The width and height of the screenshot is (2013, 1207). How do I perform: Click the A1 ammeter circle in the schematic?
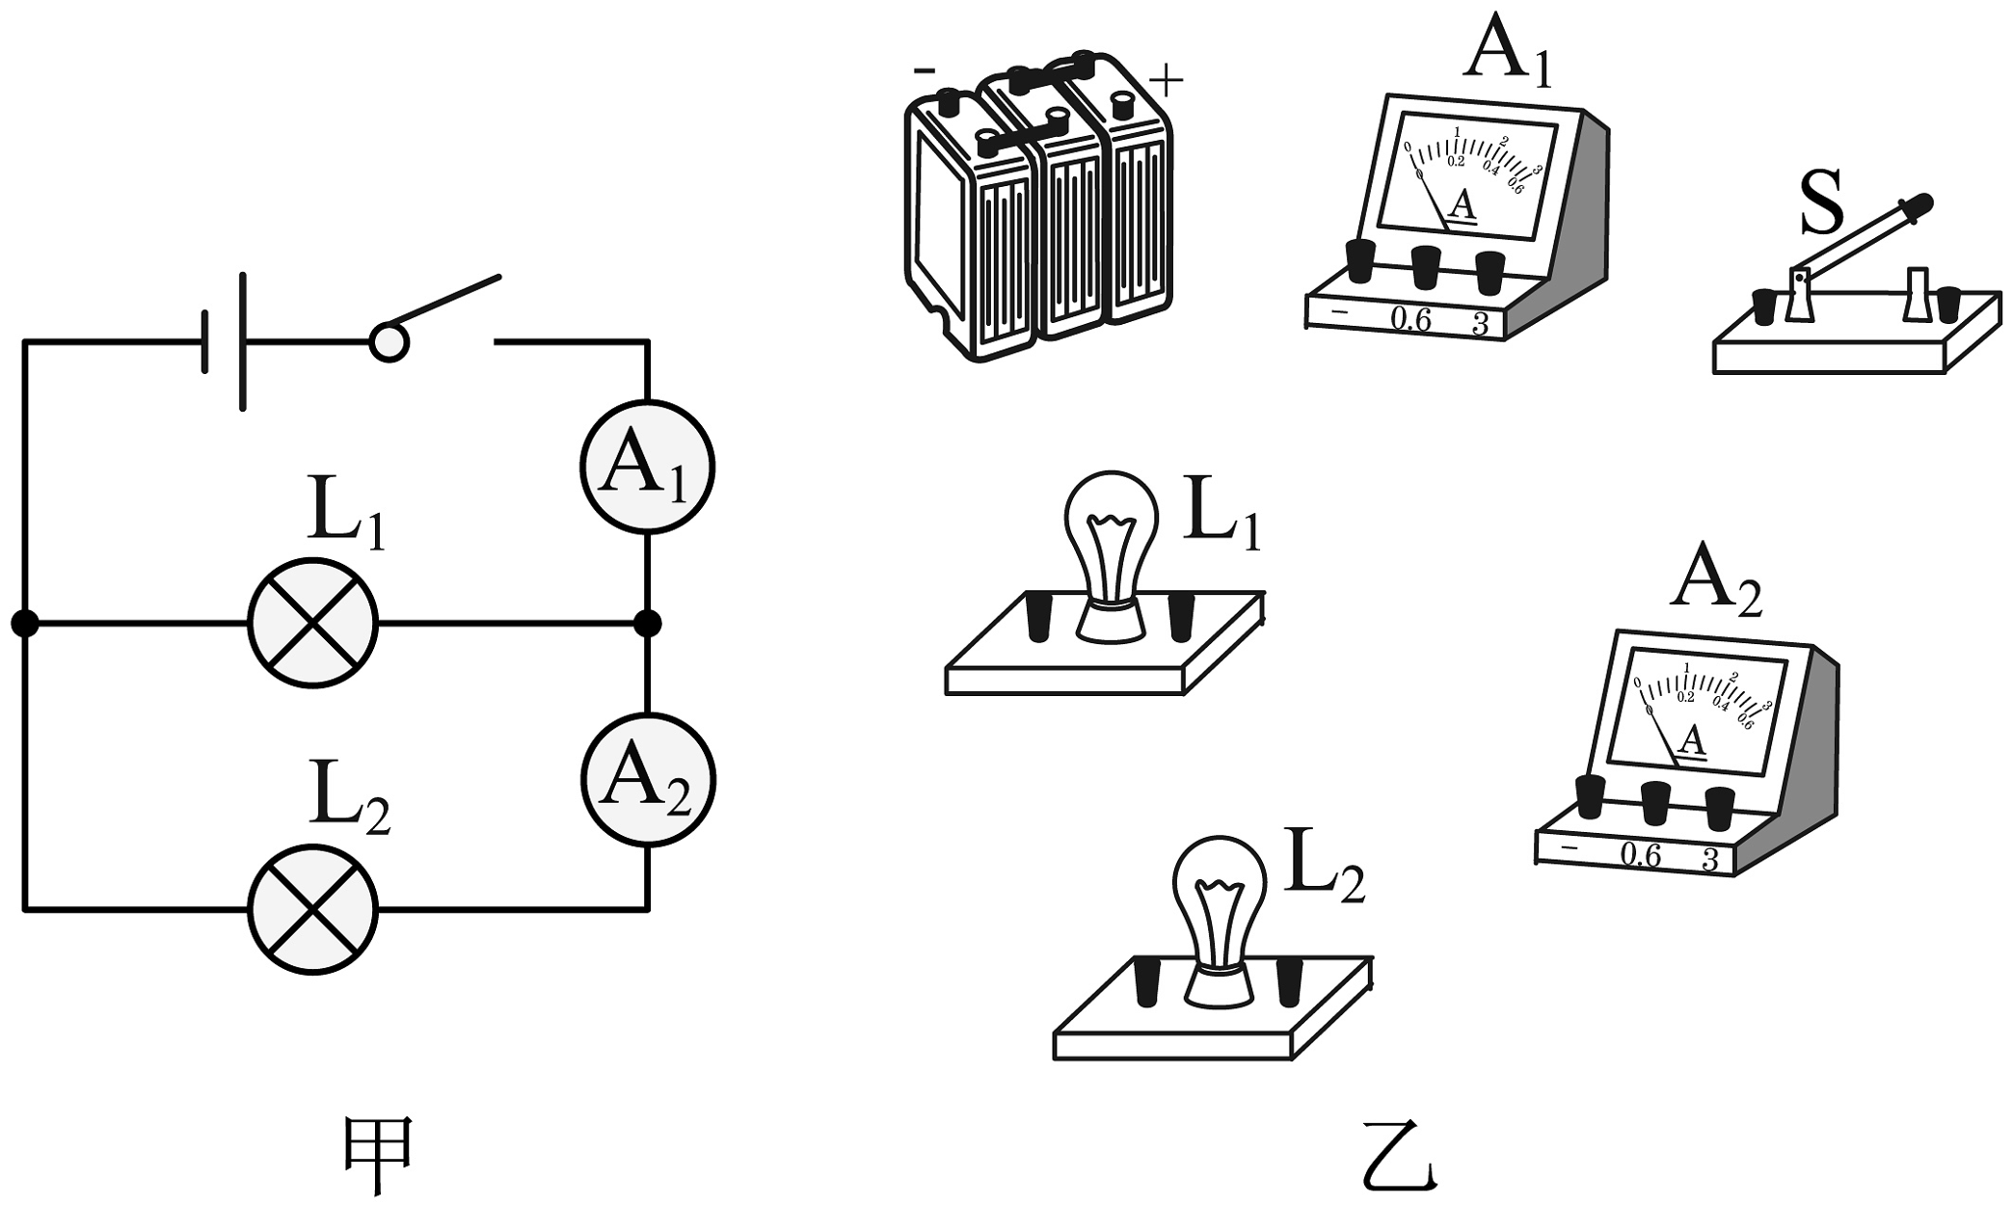(x=647, y=467)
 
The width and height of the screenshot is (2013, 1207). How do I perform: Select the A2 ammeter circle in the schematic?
(x=647, y=781)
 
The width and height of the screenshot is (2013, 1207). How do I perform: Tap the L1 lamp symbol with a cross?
(x=312, y=623)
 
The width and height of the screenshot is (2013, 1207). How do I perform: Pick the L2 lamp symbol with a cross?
(x=312, y=908)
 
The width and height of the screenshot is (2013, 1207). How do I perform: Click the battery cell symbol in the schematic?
(x=225, y=341)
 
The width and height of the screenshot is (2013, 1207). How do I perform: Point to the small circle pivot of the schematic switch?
(x=389, y=342)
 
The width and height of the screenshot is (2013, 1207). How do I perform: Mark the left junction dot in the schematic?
(x=25, y=624)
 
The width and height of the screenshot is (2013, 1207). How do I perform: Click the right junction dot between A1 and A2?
(x=648, y=624)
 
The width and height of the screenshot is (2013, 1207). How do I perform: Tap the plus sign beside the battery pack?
(x=1167, y=81)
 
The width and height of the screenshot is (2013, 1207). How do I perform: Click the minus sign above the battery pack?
(x=924, y=69)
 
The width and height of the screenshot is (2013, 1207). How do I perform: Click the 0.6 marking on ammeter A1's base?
(x=1410, y=320)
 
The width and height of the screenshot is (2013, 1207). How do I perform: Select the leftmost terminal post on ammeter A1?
(x=1359, y=260)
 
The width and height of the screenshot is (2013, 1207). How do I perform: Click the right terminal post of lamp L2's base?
(x=1289, y=982)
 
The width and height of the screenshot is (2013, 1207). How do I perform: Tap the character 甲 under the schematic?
(x=379, y=1156)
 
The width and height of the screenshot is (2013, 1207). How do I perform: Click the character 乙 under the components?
(x=1400, y=1156)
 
